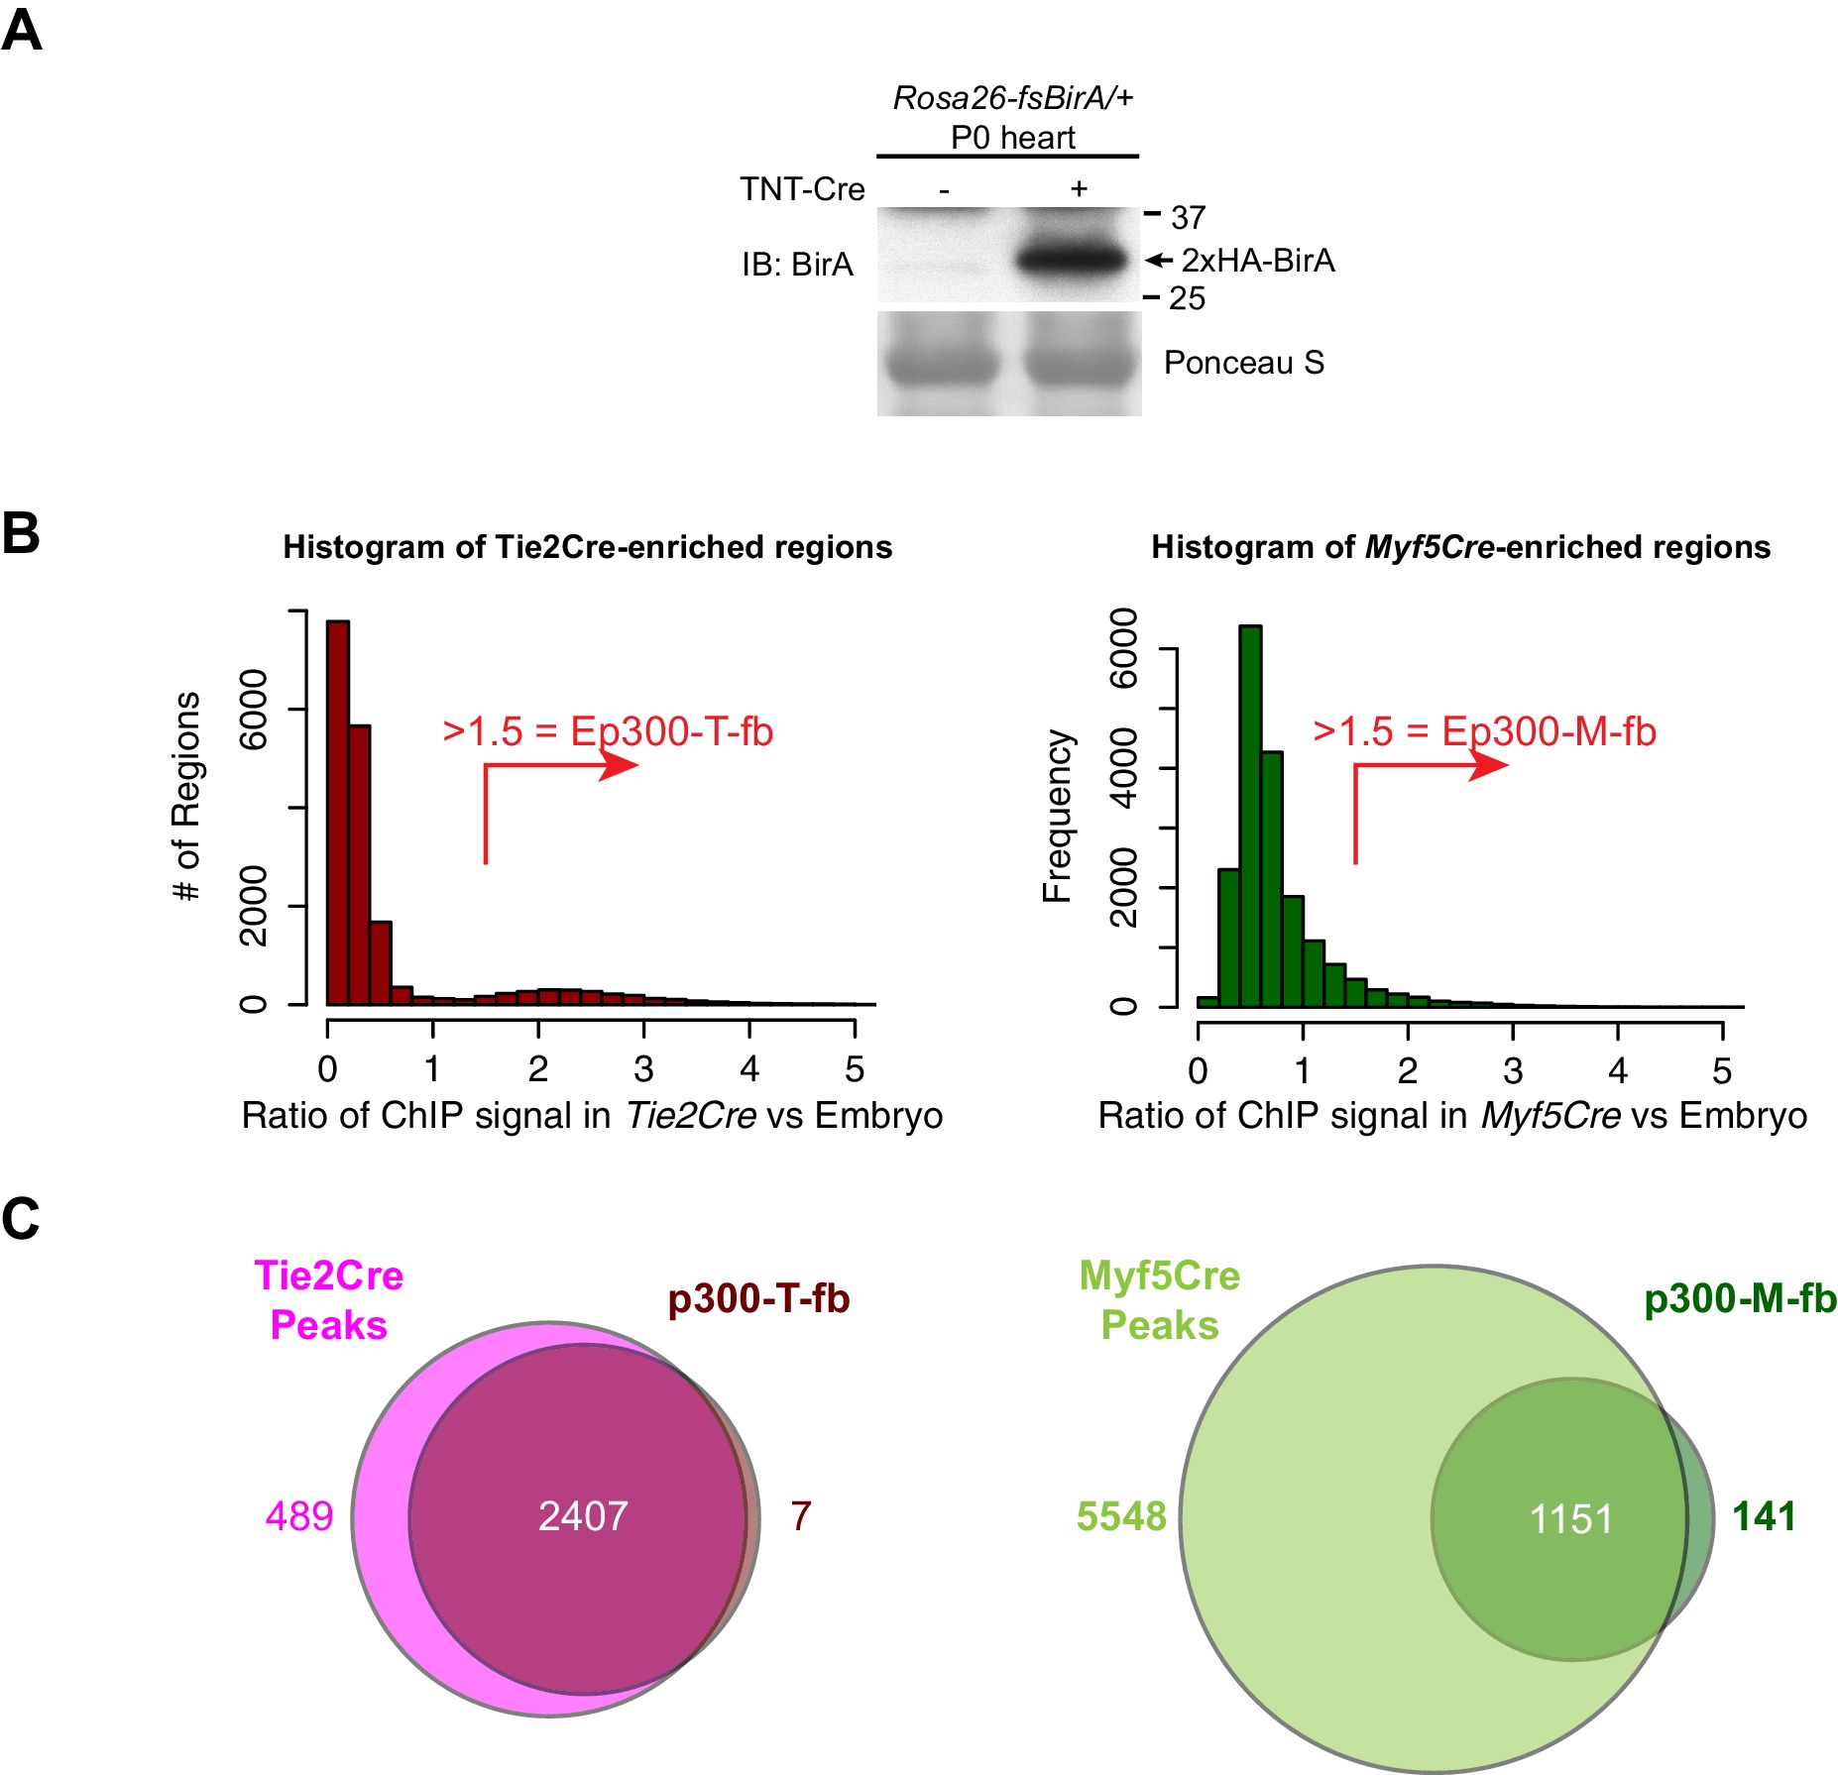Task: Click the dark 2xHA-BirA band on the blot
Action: (1074, 261)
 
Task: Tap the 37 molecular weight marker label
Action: (1188, 218)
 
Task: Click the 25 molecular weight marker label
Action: (1187, 298)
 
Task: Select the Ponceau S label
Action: (1243, 363)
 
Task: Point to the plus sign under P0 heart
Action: (1079, 188)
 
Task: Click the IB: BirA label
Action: (797, 265)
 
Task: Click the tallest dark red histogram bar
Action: (338, 813)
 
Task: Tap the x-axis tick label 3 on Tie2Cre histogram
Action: (643, 1069)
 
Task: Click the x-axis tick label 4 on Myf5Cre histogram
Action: (1618, 1071)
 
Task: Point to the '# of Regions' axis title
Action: (186, 797)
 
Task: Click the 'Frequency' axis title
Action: (1057, 817)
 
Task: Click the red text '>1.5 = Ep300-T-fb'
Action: (608, 731)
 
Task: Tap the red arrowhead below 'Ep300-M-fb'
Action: (1489, 765)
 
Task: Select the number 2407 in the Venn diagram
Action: (583, 1516)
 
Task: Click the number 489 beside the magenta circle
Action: (299, 1516)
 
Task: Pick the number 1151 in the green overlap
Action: (1571, 1519)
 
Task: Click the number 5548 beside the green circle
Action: (1121, 1516)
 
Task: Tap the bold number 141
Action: (1764, 1516)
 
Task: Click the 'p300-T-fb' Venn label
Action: (758, 1299)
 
